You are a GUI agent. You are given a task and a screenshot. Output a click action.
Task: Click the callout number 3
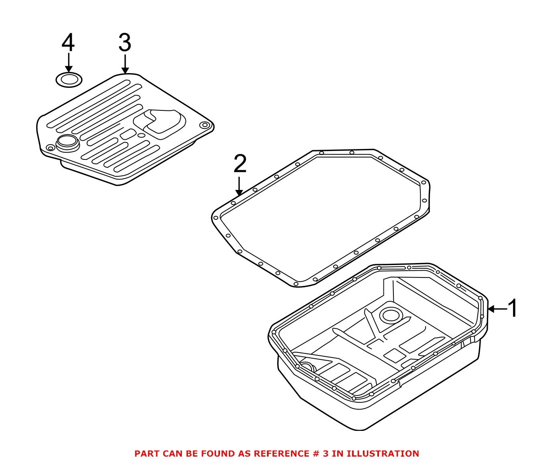(125, 43)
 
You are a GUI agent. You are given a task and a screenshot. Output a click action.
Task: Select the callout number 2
(240, 164)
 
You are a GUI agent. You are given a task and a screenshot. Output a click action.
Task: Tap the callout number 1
(513, 308)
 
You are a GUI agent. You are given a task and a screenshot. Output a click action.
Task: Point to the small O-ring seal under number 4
(69, 80)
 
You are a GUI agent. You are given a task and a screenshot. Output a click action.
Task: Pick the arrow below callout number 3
(126, 64)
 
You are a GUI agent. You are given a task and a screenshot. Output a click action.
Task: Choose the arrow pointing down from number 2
(239, 186)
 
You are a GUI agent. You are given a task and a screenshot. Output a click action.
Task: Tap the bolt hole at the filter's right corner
(206, 125)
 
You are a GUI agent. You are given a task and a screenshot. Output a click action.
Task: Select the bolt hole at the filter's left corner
(50, 148)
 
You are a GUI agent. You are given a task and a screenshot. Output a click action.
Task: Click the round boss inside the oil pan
(389, 315)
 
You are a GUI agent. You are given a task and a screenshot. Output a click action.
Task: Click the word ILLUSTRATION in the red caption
(383, 454)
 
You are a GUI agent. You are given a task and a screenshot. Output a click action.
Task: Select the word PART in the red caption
(147, 454)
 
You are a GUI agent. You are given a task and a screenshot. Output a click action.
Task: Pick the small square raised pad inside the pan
(395, 355)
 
